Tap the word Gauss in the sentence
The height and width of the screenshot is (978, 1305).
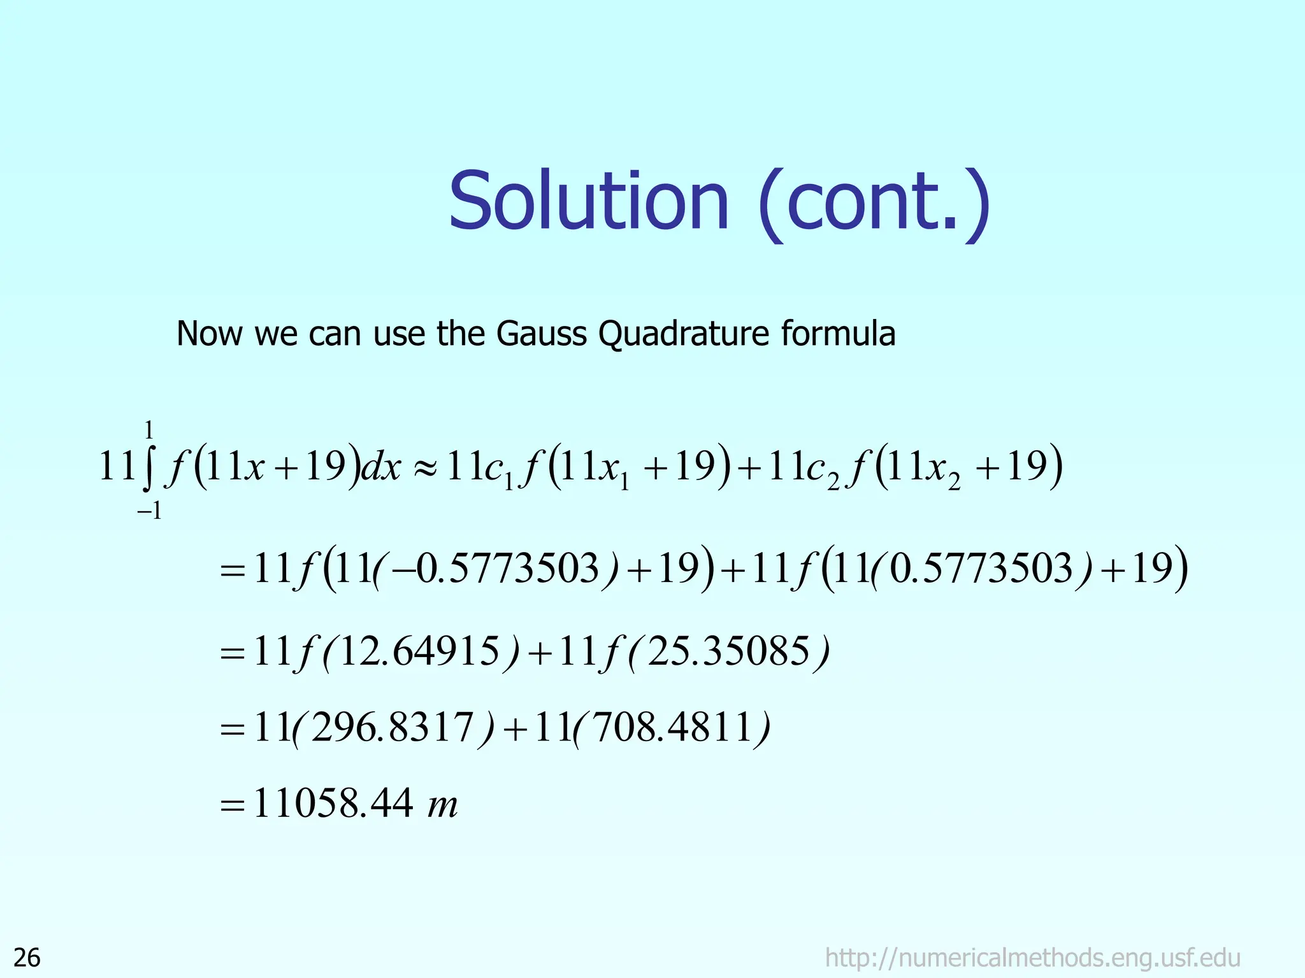coord(541,334)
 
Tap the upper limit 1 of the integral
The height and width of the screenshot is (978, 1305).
coord(149,431)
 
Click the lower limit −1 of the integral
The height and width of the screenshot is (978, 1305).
coord(149,511)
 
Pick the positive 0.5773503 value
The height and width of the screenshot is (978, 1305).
coord(981,569)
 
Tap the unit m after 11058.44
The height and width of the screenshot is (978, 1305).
coord(442,805)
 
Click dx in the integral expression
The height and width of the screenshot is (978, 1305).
coord(381,469)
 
